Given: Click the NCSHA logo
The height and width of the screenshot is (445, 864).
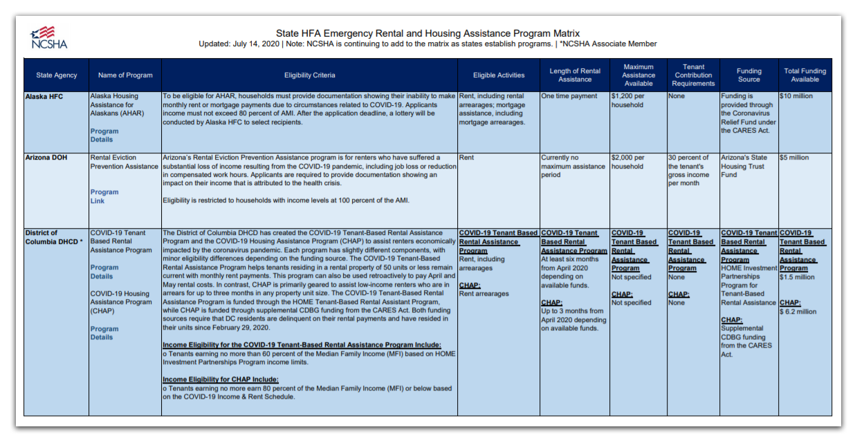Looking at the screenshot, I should tap(48, 37).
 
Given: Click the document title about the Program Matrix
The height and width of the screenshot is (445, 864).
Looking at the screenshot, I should tap(428, 33).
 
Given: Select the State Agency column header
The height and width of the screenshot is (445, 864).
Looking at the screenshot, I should tap(57, 75).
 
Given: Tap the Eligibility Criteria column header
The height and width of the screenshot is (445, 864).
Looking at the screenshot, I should tap(309, 75).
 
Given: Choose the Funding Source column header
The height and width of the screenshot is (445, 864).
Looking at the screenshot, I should tap(748, 75).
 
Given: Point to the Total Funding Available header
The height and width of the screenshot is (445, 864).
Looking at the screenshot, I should tap(805, 75).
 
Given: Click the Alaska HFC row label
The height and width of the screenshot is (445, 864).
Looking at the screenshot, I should tap(44, 97).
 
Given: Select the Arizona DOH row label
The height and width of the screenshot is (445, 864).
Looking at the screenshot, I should tap(46, 158).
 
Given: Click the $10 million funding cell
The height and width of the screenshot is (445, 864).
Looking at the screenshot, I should tap(796, 97).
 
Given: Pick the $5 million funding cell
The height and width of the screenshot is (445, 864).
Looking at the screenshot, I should tap(794, 158).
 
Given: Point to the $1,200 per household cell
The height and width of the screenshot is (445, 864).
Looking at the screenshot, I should tap(627, 101).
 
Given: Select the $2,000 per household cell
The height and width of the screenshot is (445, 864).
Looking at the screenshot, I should tap(627, 162).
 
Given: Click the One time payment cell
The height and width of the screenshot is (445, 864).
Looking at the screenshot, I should tap(569, 97).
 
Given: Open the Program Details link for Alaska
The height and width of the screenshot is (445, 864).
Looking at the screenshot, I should tap(104, 135).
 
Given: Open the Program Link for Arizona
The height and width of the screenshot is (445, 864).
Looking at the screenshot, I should tap(104, 196).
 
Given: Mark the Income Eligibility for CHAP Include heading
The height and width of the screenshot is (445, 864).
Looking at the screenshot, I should tap(221, 379).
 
